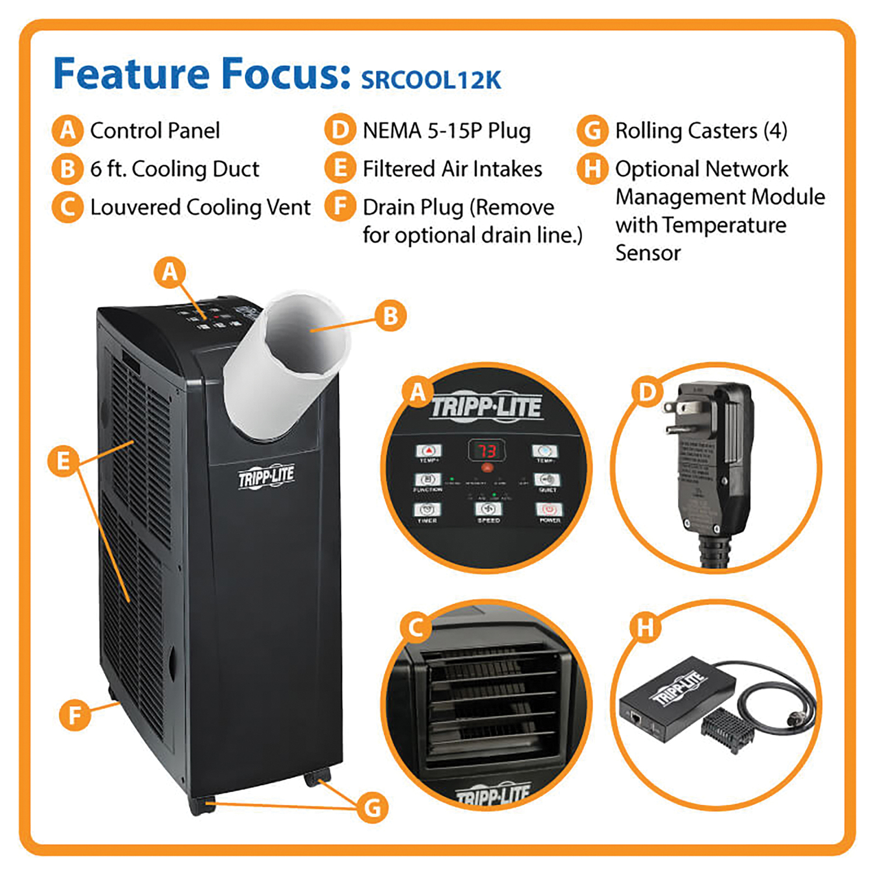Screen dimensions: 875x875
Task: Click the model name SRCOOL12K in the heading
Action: coord(431,80)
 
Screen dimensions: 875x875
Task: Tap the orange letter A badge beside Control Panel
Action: coord(68,131)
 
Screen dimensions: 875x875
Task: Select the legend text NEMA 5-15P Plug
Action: coord(446,131)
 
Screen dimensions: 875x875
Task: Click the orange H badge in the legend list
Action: coord(592,169)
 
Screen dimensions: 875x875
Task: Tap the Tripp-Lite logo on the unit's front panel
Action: coord(266,477)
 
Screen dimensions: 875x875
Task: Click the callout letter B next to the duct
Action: coord(390,316)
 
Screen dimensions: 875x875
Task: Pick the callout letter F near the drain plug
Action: coord(75,715)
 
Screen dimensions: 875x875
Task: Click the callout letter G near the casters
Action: coord(373,808)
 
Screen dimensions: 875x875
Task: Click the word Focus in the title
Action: coord(286,74)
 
